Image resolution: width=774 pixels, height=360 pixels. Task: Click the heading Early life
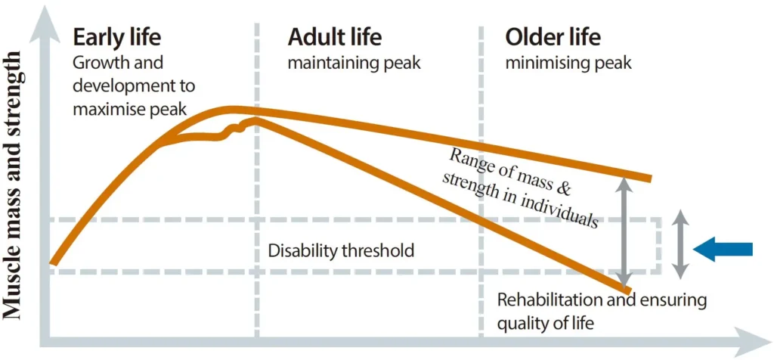[x=116, y=36]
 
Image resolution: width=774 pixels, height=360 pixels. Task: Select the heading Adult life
[x=335, y=36]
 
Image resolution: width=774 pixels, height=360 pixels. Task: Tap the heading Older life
[x=553, y=36]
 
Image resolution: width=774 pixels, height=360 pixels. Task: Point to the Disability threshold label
[x=341, y=250]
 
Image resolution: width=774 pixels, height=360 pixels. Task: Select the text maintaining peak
[x=354, y=63]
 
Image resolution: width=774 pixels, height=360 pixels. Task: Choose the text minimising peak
[x=568, y=63]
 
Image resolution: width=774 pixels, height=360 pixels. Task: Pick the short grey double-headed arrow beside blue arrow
[x=680, y=243]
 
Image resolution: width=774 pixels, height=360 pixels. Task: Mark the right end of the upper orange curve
[x=649, y=178]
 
